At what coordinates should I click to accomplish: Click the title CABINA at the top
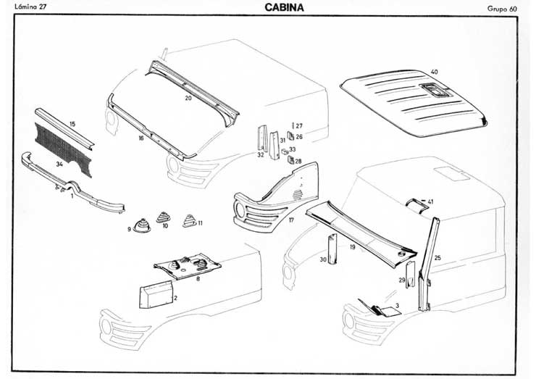279,8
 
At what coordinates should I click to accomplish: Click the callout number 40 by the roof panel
434,72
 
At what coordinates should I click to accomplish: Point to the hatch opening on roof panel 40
432,91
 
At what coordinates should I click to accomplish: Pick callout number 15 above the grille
72,125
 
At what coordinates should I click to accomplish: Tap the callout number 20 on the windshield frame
188,97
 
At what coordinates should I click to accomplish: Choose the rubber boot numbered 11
190,221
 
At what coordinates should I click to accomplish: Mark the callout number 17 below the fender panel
290,220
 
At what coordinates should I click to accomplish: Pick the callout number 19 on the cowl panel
351,247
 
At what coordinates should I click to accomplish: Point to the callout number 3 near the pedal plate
397,306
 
